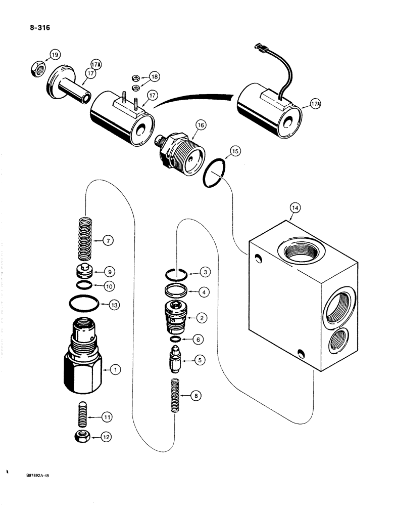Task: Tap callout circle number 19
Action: click(x=55, y=55)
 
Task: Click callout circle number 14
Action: click(x=295, y=207)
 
